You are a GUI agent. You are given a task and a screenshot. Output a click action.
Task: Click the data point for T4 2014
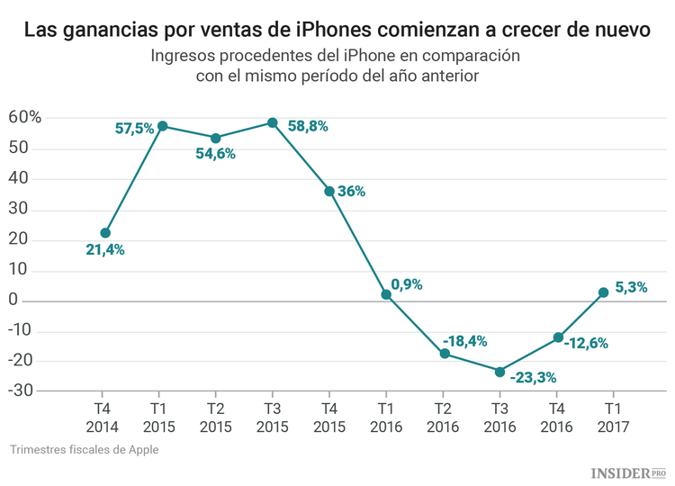(x=105, y=233)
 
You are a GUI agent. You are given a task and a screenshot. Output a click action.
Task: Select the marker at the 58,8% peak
(x=273, y=122)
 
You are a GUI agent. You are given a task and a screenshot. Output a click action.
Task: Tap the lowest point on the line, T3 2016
(x=499, y=371)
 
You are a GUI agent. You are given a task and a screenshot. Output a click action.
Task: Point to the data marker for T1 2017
(x=603, y=292)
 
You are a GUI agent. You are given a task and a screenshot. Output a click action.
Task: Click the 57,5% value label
(x=135, y=129)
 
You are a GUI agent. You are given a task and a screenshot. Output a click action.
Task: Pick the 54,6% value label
(x=215, y=154)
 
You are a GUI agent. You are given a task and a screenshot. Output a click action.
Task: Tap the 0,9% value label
(x=407, y=284)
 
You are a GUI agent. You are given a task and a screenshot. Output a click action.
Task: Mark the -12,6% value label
(x=587, y=343)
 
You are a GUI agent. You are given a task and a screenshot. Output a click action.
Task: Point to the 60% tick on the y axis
(x=25, y=118)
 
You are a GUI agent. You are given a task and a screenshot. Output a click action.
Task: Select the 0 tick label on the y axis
(x=38, y=301)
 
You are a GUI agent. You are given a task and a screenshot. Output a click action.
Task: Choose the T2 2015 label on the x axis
(x=215, y=417)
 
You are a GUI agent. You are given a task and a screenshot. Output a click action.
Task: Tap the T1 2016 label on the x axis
(x=386, y=417)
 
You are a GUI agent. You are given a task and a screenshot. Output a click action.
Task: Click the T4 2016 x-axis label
(x=556, y=417)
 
